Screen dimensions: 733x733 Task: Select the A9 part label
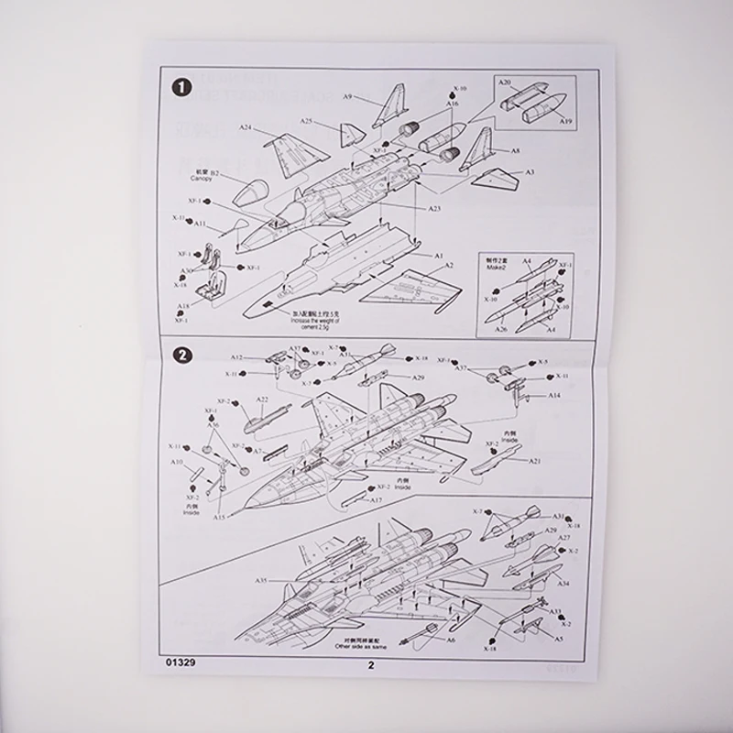tap(348, 96)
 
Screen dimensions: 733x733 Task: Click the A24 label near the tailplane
tap(246, 127)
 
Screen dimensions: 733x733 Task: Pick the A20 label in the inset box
tap(505, 82)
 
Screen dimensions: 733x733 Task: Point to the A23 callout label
tap(434, 209)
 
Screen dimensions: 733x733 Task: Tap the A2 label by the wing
tap(449, 265)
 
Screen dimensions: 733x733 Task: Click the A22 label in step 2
tap(262, 399)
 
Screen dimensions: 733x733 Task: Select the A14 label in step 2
tap(554, 395)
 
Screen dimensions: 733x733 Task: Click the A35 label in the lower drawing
tap(261, 580)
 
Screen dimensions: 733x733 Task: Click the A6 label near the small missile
tap(450, 640)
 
